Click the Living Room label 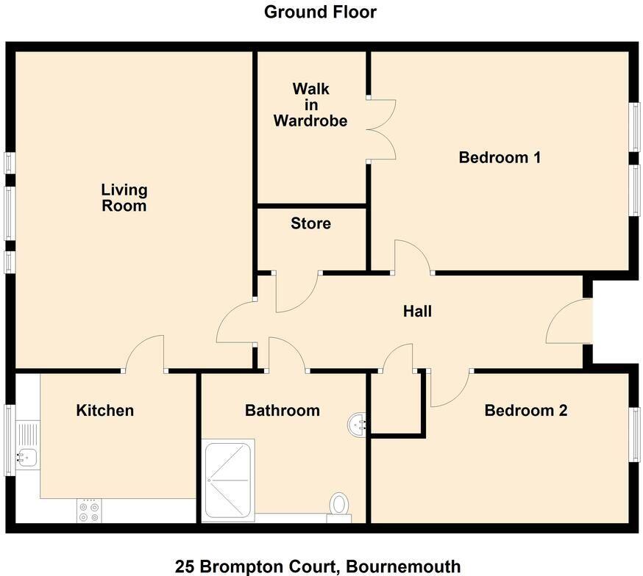pos(124,198)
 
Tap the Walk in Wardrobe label pos(310,104)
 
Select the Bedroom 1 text pos(500,157)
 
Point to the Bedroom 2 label pos(525,411)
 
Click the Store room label pos(310,223)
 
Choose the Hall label pos(417,312)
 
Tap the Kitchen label pos(105,410)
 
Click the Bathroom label pos(283,410)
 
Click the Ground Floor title pos(320,12)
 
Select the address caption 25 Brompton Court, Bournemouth pos(318,566)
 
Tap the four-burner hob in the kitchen pos(89,511)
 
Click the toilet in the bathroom pos(339,505)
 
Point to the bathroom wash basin pos(357,425)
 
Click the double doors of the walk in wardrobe pos(381,128)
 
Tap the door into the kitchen pos(144,354)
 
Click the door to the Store pos(296,292)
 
